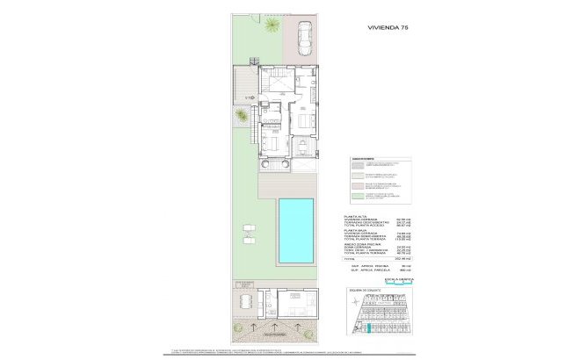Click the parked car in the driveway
(305, 38)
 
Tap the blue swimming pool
(296, 230)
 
